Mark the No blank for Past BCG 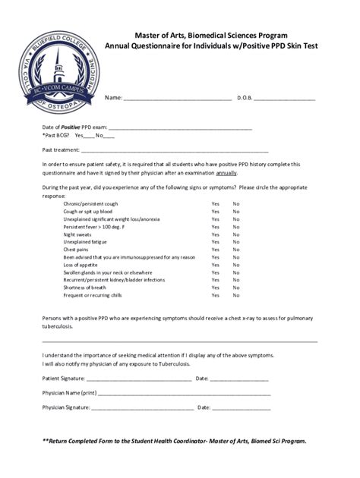click(109, 137)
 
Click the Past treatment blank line click(190, 151)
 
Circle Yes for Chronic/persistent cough click(216, 204)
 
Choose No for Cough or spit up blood click(236, 212)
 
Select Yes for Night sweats click(216, 234)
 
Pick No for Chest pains click(236, 250)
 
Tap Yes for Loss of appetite click(216, 265)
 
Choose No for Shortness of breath click(236, 288)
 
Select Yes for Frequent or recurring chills click(216, 295)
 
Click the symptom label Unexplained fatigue click(86, 242)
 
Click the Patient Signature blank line click(137, 379)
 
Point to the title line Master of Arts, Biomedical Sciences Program click(211, 35)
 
